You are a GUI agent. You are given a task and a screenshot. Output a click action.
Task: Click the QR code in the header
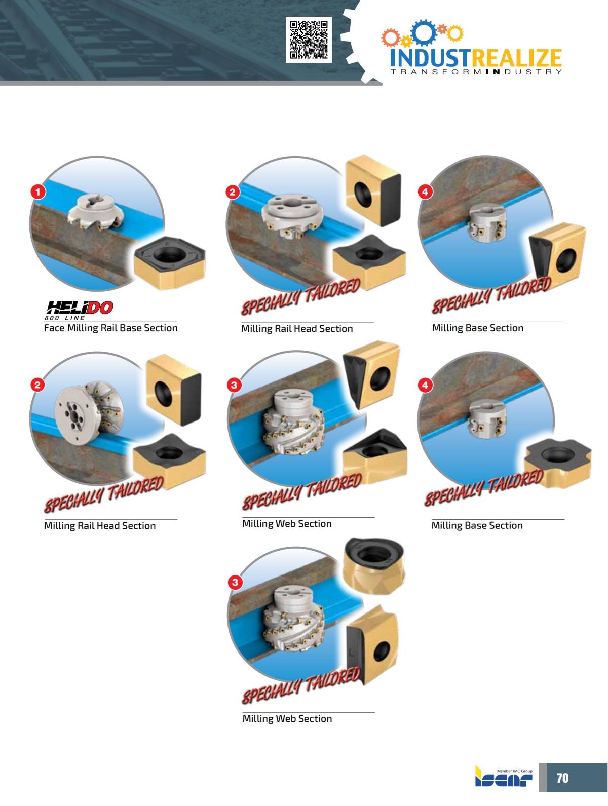click(x=309, y=40)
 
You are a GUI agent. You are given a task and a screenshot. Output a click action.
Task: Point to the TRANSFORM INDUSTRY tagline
click(x=476, y=72)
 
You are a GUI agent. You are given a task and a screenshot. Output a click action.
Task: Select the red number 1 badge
click(x=38, y=191)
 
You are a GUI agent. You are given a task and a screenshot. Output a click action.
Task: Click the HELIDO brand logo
click(x=80, y=307)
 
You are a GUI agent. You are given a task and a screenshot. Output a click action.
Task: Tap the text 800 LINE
click(x=66, y=318)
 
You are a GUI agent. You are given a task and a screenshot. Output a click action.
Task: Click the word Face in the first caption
click(x=53, y=328)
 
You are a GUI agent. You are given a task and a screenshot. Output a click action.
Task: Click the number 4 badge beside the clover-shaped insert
click(x=425, y=386)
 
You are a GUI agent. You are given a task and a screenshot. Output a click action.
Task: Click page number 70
click(x=562, y=778)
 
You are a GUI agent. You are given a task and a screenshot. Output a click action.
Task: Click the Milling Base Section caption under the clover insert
click(x=477, y=525)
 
